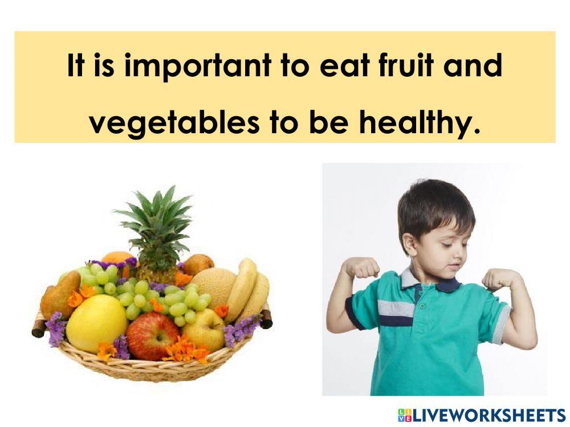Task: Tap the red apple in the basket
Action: [152, 335]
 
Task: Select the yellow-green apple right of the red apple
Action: [203, 331]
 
